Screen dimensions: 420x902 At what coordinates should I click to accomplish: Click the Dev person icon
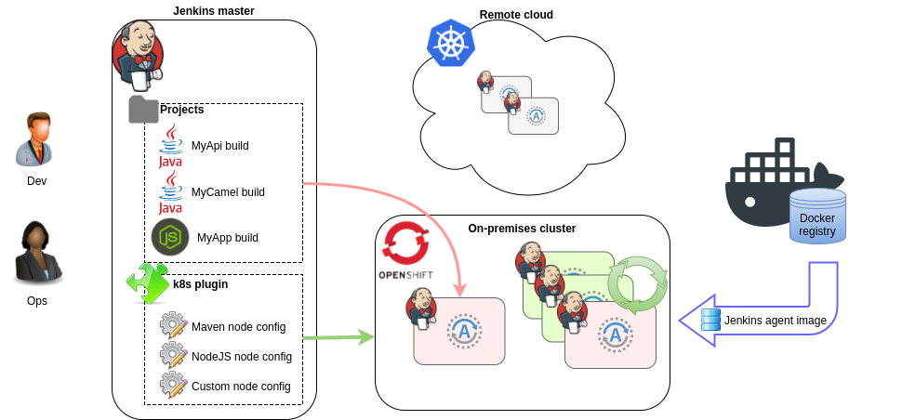36,139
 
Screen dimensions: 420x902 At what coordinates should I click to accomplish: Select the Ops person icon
36,253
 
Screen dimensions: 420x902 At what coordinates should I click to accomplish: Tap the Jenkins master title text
214,11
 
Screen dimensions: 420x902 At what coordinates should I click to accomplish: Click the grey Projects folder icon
143,110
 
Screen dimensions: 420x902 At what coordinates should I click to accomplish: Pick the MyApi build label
219,146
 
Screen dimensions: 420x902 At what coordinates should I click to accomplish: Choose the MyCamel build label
228,192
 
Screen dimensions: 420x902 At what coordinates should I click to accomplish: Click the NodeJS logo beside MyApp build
170,237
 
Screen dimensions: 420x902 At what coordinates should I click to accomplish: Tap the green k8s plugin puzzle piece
147,283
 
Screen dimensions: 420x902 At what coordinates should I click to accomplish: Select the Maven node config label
238,327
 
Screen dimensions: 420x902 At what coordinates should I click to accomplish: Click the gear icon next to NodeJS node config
173,355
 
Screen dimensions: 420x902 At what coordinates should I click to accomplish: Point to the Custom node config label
241,387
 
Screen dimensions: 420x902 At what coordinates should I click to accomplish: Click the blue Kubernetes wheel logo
450,43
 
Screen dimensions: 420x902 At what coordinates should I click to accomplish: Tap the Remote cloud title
516,15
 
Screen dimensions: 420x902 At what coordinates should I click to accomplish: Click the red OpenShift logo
405,243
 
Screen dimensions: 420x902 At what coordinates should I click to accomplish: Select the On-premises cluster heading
522,229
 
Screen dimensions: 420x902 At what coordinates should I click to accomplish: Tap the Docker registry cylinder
817,217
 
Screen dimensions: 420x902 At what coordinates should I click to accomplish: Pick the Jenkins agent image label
775,321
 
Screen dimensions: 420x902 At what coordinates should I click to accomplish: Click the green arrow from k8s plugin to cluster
338,336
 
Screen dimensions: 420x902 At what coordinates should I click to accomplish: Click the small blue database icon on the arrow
711,320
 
